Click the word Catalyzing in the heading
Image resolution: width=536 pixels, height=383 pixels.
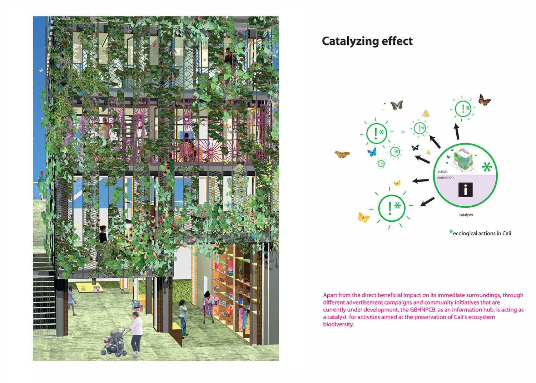click(x=350, y=41)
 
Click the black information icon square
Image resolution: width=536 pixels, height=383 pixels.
click(x=465, y=190)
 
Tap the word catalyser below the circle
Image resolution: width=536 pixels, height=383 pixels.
click(x=466, y=215)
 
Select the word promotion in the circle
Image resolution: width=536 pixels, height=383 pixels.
click(x=445, y=177)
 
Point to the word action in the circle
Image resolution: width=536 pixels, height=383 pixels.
click(x=442, y=172)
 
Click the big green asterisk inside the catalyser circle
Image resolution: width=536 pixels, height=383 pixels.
click(x=487, y=167)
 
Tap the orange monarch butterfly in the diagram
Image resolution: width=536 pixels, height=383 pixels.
click(x=484, y=100)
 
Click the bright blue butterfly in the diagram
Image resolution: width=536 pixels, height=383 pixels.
click(x=372, y=152)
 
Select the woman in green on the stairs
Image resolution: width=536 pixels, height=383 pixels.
click(x=42, y=186)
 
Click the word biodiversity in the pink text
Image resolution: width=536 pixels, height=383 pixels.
click(x=338, y=325)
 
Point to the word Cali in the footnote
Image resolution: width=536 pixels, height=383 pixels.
click(x=507, y=233)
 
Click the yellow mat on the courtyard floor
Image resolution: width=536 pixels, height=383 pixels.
click(x=90, y=288)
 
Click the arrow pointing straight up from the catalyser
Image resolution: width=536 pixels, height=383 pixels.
click(x=457, y=131)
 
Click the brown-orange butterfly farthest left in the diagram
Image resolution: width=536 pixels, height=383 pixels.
click(x=342, y=154)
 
